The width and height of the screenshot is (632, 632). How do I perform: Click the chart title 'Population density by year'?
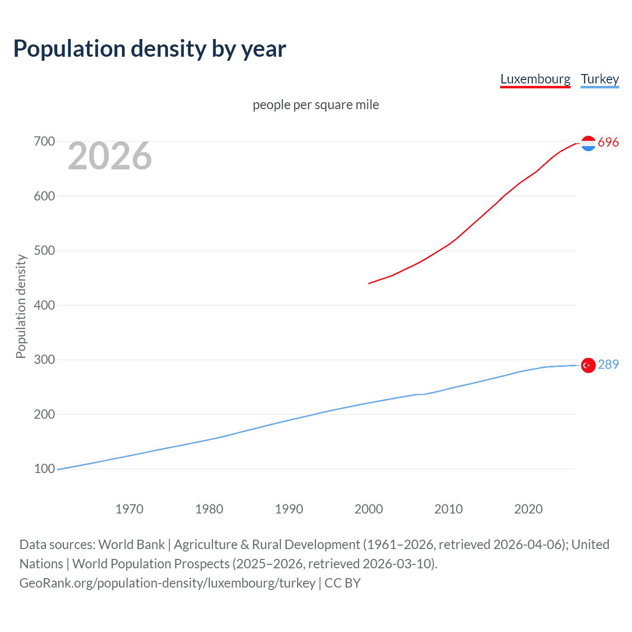coord(150,49)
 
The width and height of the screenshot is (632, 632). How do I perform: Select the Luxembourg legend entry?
coord(535,79)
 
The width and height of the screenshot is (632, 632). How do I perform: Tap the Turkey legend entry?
coord(599,79)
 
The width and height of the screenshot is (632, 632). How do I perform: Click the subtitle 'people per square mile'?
coord(316,105)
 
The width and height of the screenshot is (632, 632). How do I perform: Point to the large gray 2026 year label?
coord(110,156)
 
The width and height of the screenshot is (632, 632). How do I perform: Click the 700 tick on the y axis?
coord(44,142)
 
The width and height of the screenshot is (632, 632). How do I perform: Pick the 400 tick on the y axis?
coord(44,305)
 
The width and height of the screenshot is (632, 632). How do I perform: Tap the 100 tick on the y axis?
coord(44,469)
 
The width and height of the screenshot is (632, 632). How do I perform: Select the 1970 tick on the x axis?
coord(129,509)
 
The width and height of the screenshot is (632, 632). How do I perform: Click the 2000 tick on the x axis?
coord(369,509)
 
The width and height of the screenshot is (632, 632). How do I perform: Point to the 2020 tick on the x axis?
coord(528,509)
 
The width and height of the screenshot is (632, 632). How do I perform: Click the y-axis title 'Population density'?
coord(21,306)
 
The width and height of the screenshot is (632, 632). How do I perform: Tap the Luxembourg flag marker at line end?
coord(588,143)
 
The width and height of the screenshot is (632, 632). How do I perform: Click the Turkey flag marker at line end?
coord(588,365)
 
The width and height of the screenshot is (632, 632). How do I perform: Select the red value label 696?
coord(608,143)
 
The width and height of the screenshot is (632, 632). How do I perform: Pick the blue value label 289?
coord(608,365)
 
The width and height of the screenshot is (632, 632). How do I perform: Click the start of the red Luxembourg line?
coord(369,283)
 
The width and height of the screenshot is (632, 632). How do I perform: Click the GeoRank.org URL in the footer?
coord(167,583)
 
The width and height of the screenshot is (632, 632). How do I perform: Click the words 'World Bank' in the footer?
coord(131,545)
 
